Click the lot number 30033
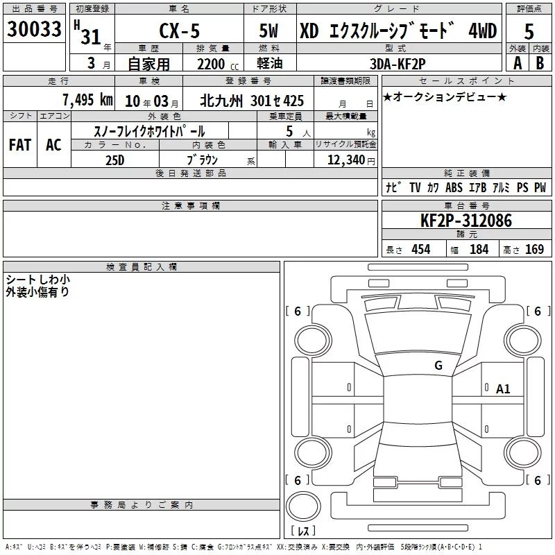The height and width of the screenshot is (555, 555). pyautogui.click(x=34, y=29)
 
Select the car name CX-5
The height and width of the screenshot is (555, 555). pyautogui.click(x=180, y=31)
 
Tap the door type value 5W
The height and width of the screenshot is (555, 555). pyautogui.click(x=268, y=31)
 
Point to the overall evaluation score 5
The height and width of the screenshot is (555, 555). pyautogui.click(x=529, y=31)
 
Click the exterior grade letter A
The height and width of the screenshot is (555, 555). pyautogui.click(x=518, y=63)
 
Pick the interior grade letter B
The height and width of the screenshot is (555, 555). pyautogui.click(x=540, y=63)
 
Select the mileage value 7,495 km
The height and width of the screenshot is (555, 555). pyautogui.click(x=88, y=100)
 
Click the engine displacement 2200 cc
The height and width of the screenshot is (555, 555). pyautogui.click(x=218, y=64)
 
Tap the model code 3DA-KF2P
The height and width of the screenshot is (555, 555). pyautogui.click(x=398, y=64)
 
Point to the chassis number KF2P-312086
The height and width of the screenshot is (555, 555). pyautogui.click(x=466, y=220)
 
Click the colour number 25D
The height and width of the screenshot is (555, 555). pyautogui.click(x=114, y=160)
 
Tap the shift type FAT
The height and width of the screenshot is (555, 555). pyautogui.click(x=20, y=145)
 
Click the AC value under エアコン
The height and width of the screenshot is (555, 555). pyautogui.click(x=53, y=145)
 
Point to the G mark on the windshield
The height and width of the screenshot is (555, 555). pyautogui.click(x=438, y=365)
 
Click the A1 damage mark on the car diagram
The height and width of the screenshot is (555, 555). pyautogui.click(x=502, y=389)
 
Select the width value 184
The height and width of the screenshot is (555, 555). pyautogui.click(x=479, y=249)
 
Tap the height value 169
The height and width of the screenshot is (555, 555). pyautogui.click(x=534, y=249)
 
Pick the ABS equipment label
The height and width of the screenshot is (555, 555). pyautogui.click(x=454, y=187)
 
